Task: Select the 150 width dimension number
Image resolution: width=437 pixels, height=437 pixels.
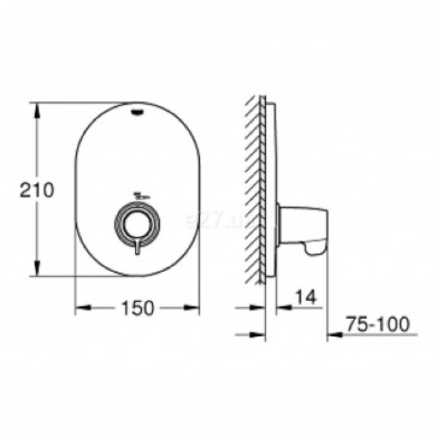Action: tap(137, 308)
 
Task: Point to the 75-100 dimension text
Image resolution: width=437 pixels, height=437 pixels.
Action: tap(378, 324)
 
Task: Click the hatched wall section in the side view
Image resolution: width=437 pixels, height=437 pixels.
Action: tap(255, 187)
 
